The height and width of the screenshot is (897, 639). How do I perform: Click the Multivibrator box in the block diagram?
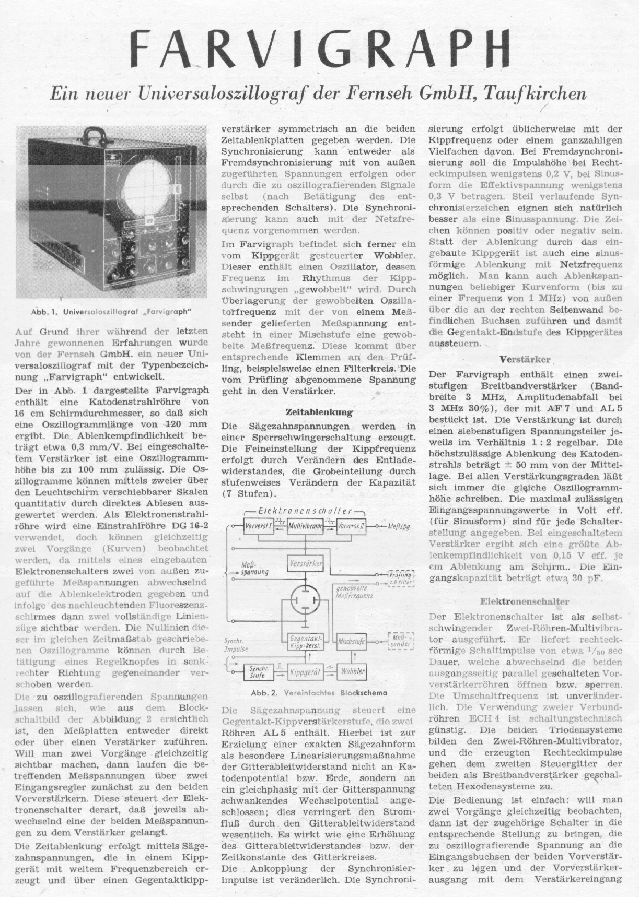click(x=306, y=527)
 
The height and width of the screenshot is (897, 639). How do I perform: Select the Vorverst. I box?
click(x=259, y=527)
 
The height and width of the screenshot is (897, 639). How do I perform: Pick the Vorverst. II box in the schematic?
click(x=351, y=527)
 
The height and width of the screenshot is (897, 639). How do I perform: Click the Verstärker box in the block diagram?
click(x=305, y=564)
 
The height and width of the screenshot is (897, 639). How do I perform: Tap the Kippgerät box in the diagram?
click(x=305, y=673)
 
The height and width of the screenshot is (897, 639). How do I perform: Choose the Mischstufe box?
click(x=351, y=641)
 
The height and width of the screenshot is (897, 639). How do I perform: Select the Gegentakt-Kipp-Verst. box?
click(x=306, y=642)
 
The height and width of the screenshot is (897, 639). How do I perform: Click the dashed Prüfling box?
click(x=401, y=577)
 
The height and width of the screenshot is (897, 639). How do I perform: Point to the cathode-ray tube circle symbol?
click(x=306, y=600)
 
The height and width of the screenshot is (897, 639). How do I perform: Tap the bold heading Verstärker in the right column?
click(x=525, y=360)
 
